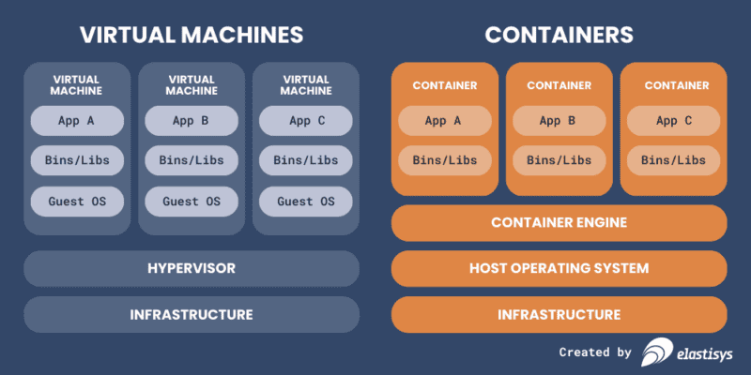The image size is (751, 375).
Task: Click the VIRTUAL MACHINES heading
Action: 192,35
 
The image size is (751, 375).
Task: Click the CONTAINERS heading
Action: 559,35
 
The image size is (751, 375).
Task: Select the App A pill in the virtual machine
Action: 77,120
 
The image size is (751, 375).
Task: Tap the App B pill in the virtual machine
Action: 192,120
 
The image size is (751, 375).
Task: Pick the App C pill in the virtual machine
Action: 306,120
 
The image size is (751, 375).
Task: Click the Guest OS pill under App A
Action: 77,201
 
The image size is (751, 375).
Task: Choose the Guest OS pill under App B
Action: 192,201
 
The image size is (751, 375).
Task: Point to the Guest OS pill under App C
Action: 306,201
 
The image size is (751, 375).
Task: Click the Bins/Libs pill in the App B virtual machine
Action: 192,160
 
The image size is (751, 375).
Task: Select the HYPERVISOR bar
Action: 192,268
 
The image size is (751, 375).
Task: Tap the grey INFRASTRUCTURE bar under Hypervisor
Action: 192,314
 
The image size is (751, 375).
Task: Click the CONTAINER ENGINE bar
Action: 559,222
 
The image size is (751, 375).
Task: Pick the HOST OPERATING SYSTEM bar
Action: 559,268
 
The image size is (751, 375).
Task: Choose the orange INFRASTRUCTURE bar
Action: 559,314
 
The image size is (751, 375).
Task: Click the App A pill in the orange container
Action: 444,120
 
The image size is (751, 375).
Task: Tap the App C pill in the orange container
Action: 673,120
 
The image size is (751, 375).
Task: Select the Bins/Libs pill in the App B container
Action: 559,160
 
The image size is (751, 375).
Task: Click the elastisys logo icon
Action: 655,352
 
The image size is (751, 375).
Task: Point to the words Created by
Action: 595,352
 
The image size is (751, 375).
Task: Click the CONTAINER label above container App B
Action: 559,85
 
